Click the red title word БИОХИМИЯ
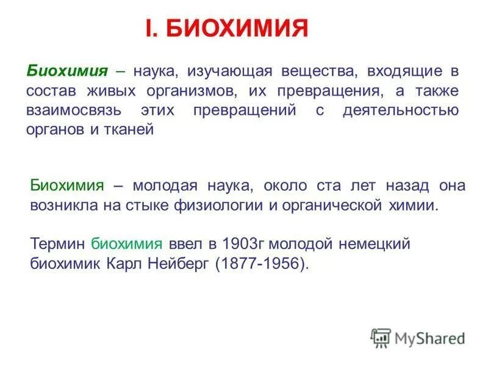point(238,29)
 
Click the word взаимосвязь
point(73,112)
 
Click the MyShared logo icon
point(380,337)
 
